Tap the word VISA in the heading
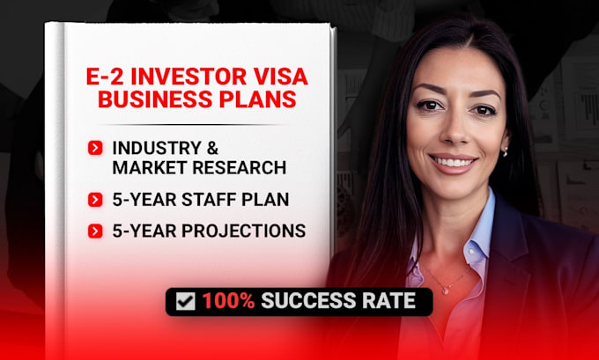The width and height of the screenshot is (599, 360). coord(281,77)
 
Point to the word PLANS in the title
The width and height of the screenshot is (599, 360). coord(257,99)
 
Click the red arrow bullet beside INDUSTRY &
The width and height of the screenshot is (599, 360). coord(95,148)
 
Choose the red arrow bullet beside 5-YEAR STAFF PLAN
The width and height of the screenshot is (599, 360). coord(95,200)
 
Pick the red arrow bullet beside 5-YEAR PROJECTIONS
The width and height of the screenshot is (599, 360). coord(95,231)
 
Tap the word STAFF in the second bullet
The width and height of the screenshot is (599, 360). coord(203,200)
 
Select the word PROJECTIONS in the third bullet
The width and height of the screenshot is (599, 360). coord(243,231)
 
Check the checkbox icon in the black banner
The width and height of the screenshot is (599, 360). coord(186,302)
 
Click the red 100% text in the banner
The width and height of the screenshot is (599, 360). coord(228,301)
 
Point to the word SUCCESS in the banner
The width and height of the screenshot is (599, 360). coord(308,301)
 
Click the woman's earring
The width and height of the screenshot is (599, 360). coord(505,152)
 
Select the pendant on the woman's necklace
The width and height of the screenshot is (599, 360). coord(445,290)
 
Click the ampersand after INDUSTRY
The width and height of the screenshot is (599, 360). coord(212,148)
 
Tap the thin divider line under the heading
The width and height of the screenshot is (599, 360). coord(195,124)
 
